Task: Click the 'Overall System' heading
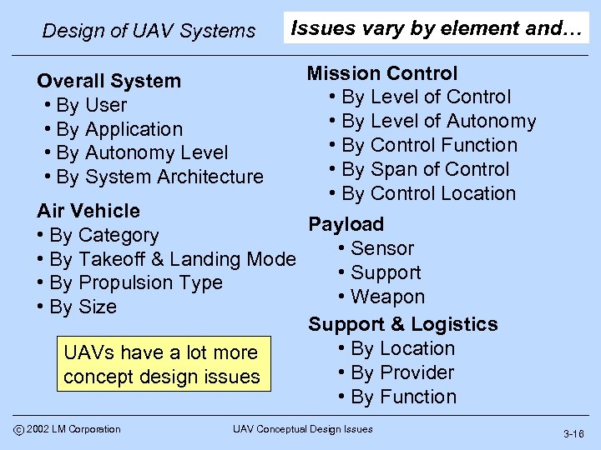click(x=109, y=81)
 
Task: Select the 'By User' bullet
click(x=91, y=105)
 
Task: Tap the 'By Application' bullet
click(x=119, y=129)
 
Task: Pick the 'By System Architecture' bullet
click(x=159, y=177)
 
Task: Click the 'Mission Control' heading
click(x=382, y=73)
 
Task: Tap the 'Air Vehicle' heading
click(x=88, y=211)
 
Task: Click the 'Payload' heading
click(x=346, y=224)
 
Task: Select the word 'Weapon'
click(x=387, y=297)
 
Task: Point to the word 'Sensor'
click(x=382, y=248)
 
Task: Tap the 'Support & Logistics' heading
click(x=403, y=324)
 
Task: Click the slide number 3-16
click(x=573, y=434)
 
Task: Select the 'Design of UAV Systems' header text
click(x=149, y=31)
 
